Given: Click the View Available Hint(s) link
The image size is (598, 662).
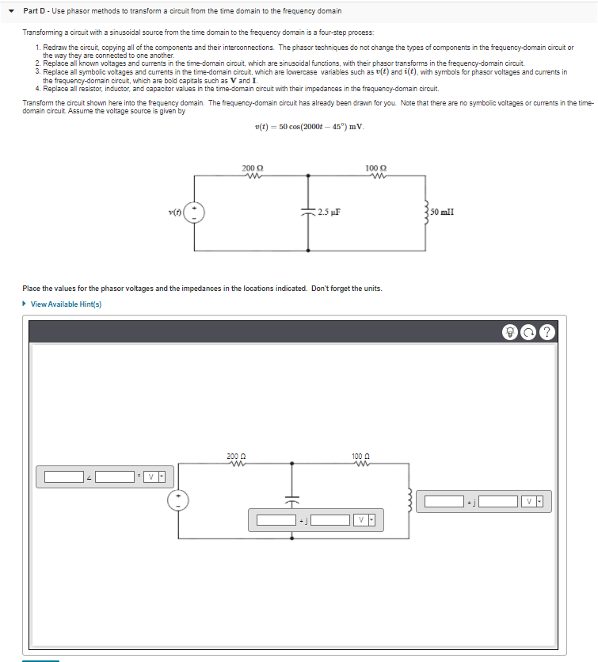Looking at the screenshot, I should tap(66, 304).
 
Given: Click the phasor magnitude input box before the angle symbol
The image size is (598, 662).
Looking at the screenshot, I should tap(64, 476).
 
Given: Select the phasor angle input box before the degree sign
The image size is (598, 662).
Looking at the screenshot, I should tap(116, 476).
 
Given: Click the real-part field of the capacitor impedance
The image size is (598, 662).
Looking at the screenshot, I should tap(276, 520).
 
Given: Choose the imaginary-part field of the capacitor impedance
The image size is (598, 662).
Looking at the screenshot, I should tap(329, 520).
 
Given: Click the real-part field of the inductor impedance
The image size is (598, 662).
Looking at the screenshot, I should tap(444, 501).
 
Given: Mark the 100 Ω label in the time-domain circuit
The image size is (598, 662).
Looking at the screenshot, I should tap(376, 168).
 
